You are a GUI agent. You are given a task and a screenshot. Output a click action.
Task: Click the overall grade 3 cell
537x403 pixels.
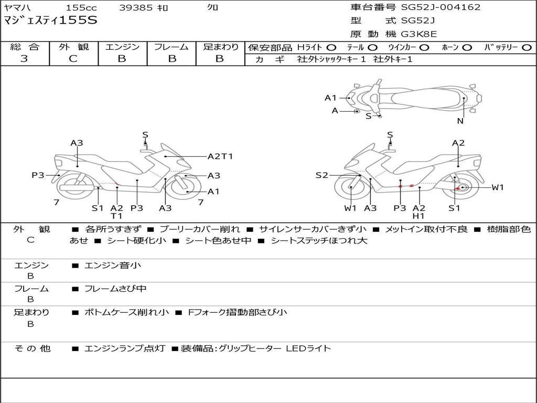tap(24, 59)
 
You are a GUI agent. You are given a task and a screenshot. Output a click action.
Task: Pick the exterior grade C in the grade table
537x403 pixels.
tap(73, 59)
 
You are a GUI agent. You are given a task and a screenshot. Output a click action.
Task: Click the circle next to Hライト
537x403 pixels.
tap(331, 47)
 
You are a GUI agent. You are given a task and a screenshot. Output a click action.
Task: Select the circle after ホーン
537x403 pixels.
tap(467, 47)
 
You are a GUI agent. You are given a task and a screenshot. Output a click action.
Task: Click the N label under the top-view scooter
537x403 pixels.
tap(460, 121)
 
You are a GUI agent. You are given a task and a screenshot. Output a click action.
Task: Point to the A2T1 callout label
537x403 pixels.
tap(220, 156)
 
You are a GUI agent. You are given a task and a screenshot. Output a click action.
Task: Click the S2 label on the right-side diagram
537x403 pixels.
tap(321, 175)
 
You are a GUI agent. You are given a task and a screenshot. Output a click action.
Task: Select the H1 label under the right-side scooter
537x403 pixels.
tap(418, 216)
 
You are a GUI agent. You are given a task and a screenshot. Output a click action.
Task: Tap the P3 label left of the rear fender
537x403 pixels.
tap(38, 175)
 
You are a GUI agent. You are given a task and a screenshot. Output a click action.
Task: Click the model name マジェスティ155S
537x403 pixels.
tap(50, 21)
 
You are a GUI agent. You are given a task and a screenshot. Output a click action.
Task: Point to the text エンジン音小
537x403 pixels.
tap(113, 266)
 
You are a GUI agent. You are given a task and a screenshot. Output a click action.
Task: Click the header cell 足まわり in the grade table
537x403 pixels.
tap(221, 47)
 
